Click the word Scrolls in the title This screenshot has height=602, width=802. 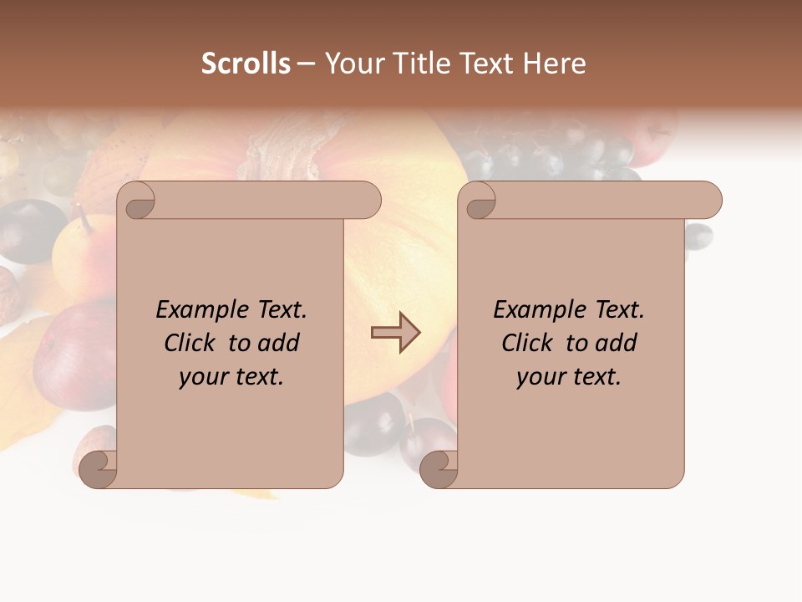(x=246, y=64)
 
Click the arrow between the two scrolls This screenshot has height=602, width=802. (x=395, y=333)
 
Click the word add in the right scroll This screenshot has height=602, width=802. (x=617, y=343)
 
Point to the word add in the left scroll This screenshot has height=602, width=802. (x=279, y=343)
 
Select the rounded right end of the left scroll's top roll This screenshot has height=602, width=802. (x=368, y=200)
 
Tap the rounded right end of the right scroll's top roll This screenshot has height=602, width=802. (x=708, y=200)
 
